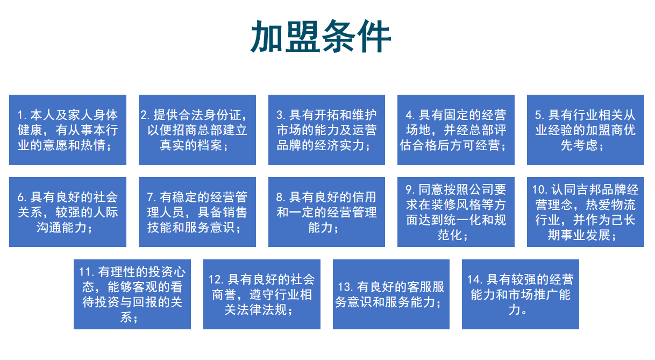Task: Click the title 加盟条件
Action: [x=321, y=36]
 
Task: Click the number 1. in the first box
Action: [x=22, y=115]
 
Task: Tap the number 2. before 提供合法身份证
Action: [x=145, y=115]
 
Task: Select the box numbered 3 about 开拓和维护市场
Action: [x=326, y=130]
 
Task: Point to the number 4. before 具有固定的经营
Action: [x=410, y=115]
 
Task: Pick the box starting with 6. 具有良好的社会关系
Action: [x=68, y=212]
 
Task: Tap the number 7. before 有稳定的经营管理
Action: [x=152, y=197]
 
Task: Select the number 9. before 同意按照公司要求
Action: [x=410, y=189]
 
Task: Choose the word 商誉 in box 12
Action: [x=224, y=295]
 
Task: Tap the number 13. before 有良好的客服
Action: [x=346, y=287]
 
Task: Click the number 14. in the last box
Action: [x=475, y=279]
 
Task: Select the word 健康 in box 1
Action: [x=30, y=130]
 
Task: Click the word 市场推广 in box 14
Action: [x=533, y=295]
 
